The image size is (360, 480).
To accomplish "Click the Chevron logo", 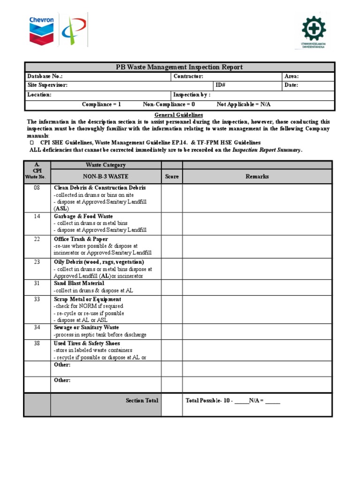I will pos(42,30).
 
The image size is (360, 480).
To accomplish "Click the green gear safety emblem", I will pos(314,29).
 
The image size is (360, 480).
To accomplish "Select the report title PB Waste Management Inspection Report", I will pos(179,67).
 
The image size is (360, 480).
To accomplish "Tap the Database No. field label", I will pos(45,76).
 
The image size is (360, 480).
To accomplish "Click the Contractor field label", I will pos(188,76).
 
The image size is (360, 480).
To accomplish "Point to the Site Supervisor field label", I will pos(47,85).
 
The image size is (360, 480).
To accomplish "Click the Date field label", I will pos(291,85).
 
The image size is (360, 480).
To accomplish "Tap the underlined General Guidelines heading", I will pos(179,115).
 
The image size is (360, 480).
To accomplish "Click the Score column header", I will pos(172,177).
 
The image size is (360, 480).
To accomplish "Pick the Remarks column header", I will pos(257,177).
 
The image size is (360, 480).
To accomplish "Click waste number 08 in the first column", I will pos(37,187).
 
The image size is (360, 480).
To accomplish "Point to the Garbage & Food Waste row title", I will pos(83,217).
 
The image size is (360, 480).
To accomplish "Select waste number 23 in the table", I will pos(37,262).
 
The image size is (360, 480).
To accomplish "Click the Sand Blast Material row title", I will pos(79,284).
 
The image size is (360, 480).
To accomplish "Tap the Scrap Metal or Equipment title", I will pos(87,299).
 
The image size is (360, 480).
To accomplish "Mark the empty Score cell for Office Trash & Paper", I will pos(172,246).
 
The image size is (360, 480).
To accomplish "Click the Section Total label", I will pos(142,401).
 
